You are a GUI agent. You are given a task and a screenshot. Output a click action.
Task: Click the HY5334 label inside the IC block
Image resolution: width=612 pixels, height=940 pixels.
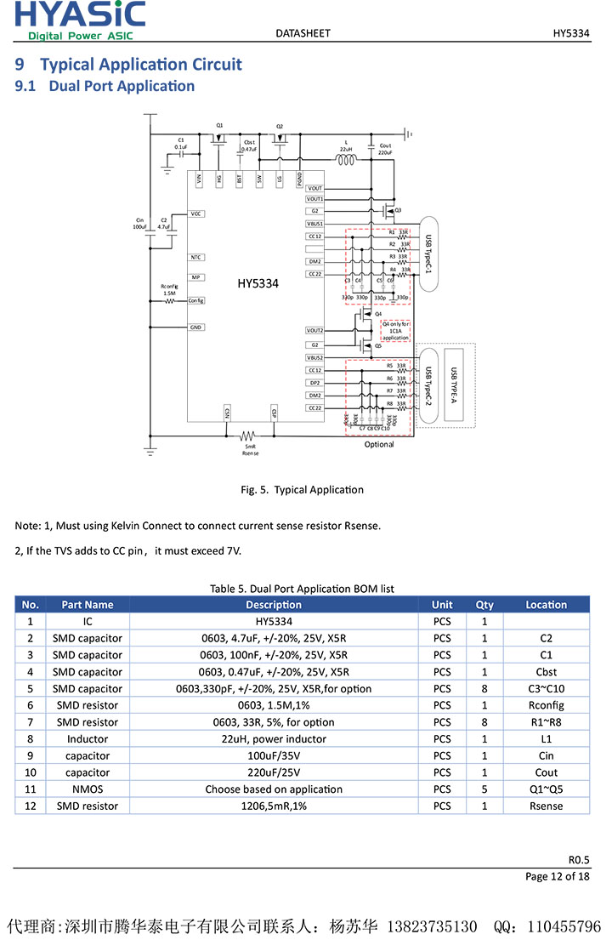click(x=258, y=283)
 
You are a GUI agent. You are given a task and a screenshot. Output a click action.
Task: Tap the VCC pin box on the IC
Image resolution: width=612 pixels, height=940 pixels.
click(x=196, y=214)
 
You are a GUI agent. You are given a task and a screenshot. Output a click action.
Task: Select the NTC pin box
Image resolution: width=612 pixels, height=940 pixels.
click(x=196, y=256)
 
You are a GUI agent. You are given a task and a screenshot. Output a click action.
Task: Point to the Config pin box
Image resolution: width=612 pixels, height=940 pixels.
click(x=196, y=300)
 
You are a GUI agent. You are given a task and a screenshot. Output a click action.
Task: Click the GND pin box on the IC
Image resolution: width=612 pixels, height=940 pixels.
click(x=196, y=327)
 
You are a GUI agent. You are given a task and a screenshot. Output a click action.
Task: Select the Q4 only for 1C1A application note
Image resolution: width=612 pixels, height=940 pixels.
click(x=395, y=331)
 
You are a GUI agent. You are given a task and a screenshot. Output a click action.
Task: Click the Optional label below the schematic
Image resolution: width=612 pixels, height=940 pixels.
click(x=379, y=444)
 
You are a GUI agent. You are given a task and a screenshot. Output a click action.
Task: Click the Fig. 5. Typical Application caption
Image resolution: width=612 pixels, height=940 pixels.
click(x=302, y=489)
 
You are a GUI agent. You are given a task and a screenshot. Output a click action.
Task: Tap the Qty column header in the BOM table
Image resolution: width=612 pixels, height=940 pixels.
click(x=484, y=605)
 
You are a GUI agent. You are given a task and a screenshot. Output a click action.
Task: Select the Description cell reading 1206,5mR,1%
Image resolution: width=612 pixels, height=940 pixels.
click(x=273, y=806)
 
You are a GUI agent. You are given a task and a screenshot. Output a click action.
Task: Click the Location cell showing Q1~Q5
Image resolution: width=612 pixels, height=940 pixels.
click(x=546, y=789)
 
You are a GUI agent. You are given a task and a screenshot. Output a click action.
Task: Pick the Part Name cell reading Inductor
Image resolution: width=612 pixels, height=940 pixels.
click(x=88, y=738)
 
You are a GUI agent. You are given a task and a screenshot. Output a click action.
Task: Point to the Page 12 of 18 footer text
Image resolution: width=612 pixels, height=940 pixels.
click(x=557, y=876)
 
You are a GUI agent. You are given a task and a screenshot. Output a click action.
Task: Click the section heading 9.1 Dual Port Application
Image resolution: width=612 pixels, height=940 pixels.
click(x=105, y=86)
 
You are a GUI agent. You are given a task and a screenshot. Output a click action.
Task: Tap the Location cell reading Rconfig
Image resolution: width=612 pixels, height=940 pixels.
click(x=546, y=705)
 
